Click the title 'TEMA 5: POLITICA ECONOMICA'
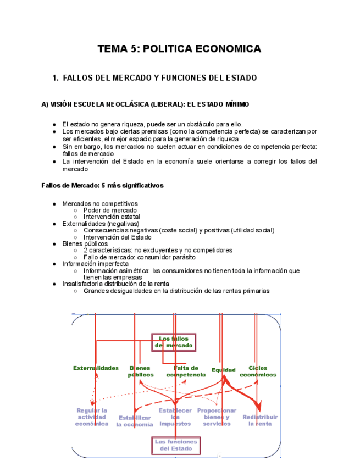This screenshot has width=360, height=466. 179,49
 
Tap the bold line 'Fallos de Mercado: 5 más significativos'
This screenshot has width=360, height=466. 102,185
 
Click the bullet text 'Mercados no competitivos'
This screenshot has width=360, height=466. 99,203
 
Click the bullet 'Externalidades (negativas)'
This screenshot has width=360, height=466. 101,224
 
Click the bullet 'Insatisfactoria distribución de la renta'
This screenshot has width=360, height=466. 115,284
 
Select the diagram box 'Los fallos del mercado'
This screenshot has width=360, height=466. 174,342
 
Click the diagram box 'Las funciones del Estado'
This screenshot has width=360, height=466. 176,445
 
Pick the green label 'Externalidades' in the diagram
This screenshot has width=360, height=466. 96,368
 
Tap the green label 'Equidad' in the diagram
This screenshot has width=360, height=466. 223,370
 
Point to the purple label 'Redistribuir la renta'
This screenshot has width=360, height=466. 260,420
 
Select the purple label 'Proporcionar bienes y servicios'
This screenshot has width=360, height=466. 217,417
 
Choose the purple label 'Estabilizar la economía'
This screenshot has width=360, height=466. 135,421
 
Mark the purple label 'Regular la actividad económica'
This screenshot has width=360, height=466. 92,417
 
